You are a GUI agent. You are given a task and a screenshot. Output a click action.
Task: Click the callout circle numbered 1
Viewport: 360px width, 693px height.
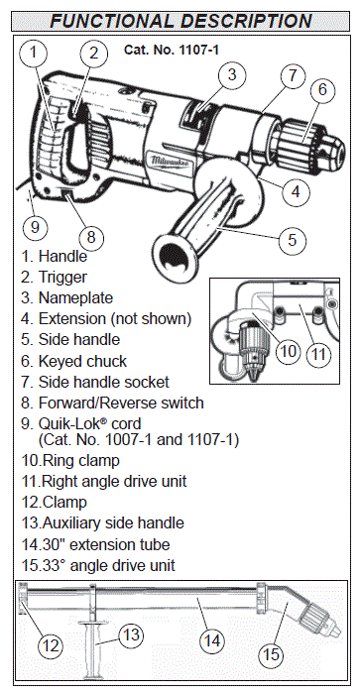33,53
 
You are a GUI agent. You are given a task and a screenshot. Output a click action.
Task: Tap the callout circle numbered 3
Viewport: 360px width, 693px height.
232,74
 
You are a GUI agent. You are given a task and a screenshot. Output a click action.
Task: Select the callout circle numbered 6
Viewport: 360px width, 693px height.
322,89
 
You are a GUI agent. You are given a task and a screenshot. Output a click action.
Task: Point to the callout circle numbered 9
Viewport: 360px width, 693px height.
35,227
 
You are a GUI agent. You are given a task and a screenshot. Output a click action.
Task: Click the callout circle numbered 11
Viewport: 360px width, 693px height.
318,354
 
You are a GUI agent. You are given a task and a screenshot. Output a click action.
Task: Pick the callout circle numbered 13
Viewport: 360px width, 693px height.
131,635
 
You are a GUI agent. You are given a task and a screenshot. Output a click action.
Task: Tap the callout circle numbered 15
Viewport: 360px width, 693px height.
271,654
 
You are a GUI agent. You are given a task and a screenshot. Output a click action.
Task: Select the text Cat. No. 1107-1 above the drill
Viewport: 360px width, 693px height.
172,50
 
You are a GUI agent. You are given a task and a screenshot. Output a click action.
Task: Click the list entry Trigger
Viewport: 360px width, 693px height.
54,278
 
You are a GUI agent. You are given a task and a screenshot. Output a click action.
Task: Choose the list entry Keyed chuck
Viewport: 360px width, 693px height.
73,361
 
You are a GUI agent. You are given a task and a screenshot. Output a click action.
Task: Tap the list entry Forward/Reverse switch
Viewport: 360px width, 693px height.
112,403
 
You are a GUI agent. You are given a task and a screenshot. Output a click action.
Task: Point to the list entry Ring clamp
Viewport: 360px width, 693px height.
70,461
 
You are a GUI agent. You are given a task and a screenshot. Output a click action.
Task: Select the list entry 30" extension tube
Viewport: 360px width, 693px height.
95,544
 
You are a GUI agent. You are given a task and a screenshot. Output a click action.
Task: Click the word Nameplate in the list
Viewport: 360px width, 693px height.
75,297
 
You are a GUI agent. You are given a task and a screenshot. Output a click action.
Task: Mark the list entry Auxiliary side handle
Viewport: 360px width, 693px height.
102,522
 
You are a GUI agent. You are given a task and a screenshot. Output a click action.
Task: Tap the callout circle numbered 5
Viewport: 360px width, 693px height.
293,239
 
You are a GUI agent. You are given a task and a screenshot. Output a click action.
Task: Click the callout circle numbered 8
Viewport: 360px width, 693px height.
91,237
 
